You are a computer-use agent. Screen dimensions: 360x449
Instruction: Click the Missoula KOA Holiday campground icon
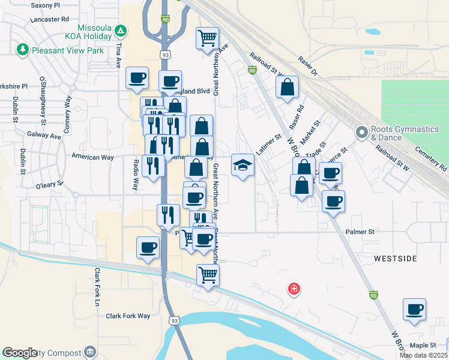(x=121, y=30)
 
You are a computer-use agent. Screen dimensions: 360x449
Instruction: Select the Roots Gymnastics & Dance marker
(x=361, y=131)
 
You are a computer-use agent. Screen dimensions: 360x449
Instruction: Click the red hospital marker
(x=294, y=289)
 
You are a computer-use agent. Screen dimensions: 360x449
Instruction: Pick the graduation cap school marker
(x=243, y=164)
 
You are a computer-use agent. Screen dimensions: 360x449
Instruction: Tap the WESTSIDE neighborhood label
(x=395, y=259)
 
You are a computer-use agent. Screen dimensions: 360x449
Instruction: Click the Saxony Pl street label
(x=45, y=5)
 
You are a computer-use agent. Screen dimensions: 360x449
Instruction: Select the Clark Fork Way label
(x=128, y=316)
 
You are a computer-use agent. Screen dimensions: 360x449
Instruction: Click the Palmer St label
(x=360, y=231)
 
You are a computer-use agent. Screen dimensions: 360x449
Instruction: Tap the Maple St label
(x=423, y=345)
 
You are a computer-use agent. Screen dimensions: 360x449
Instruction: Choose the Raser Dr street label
(x=307, y=66)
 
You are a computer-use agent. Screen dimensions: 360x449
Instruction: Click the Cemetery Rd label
(x=435, y=158)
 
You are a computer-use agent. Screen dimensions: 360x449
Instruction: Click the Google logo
(x=20, y=353)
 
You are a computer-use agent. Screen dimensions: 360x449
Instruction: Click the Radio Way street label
(x=136, y=175)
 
